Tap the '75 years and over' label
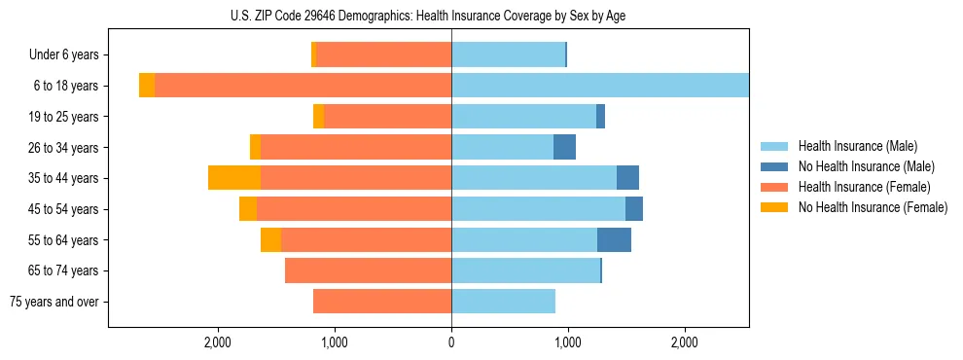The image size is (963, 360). pyautogui.click(x=54, y=302)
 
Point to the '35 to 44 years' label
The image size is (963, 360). pyautogui.click(x=64, y=178)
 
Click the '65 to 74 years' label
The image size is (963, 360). pyautogui.click(x=64, y=270)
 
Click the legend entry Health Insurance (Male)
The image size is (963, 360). pyautogui.click(x=857, y=146)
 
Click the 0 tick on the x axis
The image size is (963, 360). pyautogui.click(x=451, y=342)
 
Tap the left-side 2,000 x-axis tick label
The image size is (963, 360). pyautogui.click(x=217, y=342)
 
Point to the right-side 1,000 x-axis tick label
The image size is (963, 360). pyautogui.click(x=568, y=342)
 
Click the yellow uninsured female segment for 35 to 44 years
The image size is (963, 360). pyautogui.click(x=234, y=178)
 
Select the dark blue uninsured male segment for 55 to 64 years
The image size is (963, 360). pyautogui.click(x=614, y=239)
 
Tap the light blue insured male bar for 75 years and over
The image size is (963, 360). pyautogui.click(x=503, y=302)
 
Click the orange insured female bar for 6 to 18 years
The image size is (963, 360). pyautogui.click(x=303, y=86)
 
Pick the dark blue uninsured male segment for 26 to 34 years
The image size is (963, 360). pyautogui.click(x=564, y=147)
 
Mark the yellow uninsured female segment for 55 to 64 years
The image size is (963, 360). pyautogui.click(x=270, y=239)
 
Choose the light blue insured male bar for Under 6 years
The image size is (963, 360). pyautogui.click(x=508, y=55)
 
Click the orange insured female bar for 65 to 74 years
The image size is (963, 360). pyautogui.click(x=368, y=270)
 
